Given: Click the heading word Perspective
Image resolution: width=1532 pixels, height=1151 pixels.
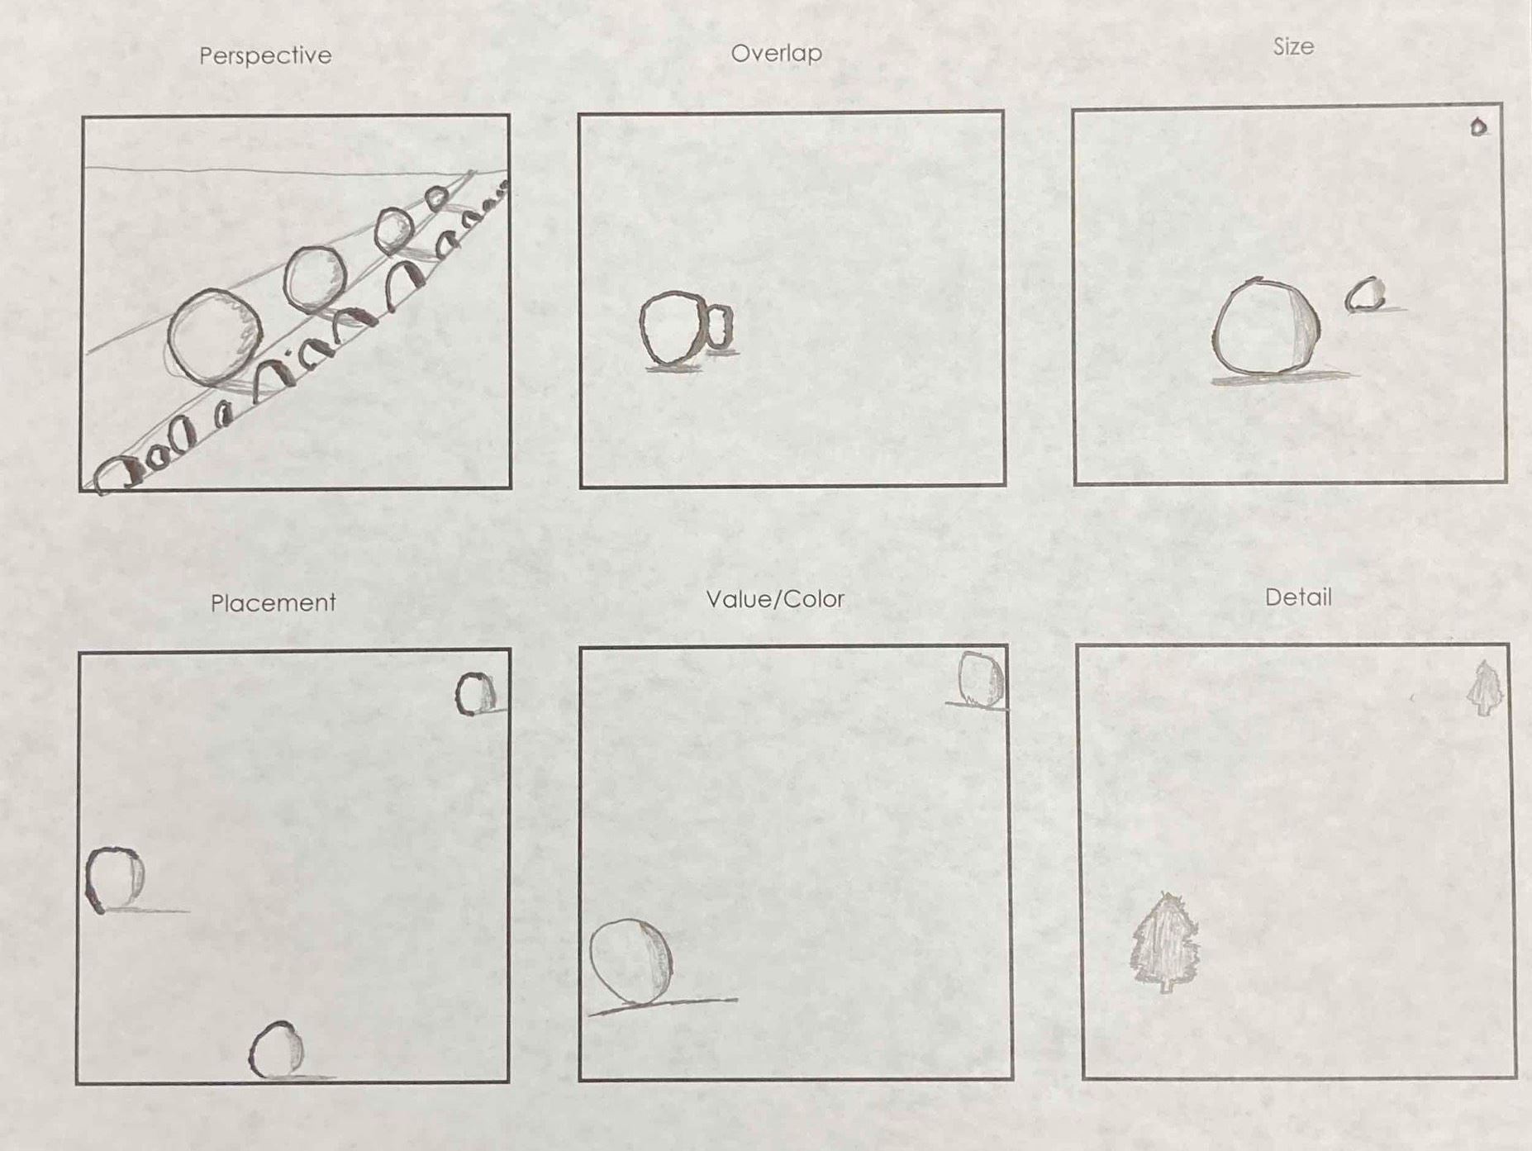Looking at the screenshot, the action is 265,56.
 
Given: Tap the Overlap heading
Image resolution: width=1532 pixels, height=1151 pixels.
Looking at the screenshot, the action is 777,54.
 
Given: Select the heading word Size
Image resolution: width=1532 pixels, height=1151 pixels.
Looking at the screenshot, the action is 1293,46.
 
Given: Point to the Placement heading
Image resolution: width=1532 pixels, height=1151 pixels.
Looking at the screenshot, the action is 274,602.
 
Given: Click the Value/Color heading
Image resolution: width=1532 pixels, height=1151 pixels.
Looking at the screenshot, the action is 775,599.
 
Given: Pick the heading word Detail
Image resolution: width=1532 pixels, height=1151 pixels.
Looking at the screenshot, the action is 1298,597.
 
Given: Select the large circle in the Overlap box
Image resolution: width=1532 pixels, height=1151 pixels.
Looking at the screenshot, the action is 643,328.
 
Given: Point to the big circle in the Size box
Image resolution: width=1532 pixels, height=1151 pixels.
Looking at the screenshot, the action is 1215,331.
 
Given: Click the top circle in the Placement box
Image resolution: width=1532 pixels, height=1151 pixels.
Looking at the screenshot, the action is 459,694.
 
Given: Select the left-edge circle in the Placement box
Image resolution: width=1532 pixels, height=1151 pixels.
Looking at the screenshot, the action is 89,880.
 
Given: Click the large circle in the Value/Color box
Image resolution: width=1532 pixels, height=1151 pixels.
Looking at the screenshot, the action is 592,960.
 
